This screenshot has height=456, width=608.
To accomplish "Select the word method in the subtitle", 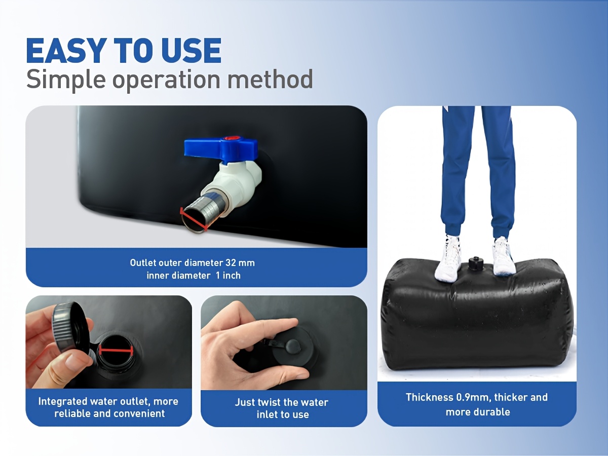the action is [270, 79].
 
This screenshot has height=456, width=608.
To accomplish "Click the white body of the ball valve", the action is [236, 181].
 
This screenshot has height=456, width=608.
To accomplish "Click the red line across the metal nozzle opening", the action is [194, 219].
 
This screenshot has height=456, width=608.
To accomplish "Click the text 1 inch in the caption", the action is [228, 276].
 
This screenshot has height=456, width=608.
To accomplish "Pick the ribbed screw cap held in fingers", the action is [72, 328].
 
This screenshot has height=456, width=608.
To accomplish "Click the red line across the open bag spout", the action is [116, 351].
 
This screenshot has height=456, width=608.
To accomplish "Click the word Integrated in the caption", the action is [62, 402].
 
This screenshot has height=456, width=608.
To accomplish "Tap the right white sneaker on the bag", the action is [503, 256].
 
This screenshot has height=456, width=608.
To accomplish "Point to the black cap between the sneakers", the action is [476, 264].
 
